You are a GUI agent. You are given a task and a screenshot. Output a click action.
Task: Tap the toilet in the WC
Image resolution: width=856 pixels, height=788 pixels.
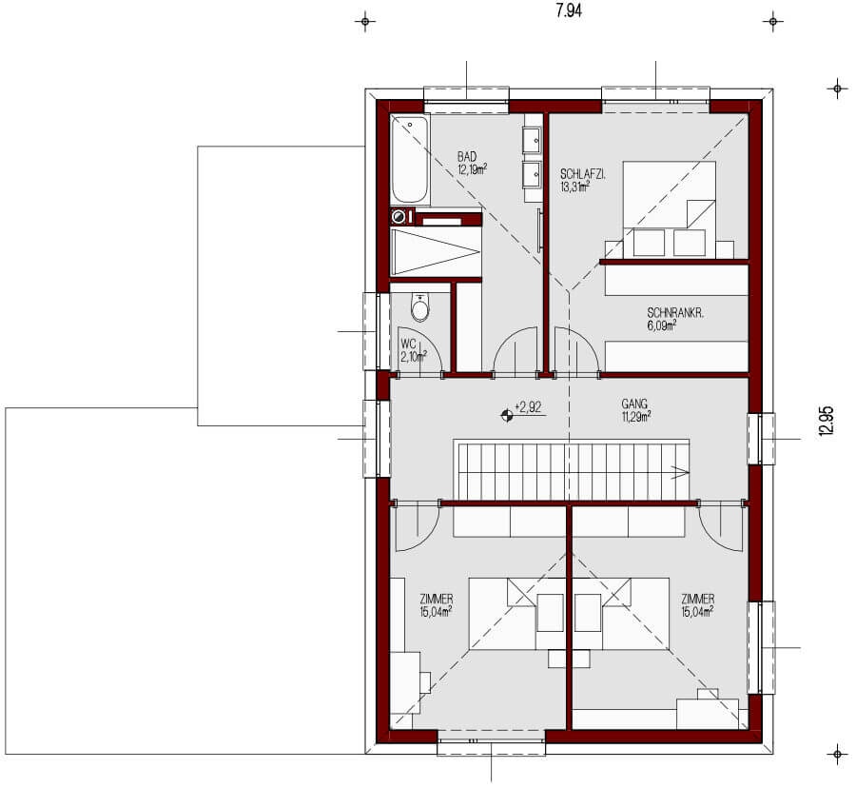click(419, 306)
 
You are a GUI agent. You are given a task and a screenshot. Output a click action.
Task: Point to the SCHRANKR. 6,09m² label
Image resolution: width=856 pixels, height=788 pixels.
click(673, 319)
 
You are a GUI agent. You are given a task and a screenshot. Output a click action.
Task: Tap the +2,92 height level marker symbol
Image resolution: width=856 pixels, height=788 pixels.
click(505, 413)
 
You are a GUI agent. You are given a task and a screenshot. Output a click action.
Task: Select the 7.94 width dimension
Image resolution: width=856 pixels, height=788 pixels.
click(568, 11)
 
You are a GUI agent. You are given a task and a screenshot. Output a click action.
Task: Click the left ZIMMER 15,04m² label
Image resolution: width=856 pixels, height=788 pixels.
click(435, 605)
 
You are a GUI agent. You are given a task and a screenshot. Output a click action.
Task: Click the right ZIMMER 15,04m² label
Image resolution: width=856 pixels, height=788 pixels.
click(698, 605)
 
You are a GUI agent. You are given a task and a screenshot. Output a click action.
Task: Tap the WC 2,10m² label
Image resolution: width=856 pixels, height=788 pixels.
click(413, 350)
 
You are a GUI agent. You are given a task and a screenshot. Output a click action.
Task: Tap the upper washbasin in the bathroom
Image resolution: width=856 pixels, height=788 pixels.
click(532, 141)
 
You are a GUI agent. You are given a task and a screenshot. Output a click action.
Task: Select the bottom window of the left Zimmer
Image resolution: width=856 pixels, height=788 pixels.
click(491, 736)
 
